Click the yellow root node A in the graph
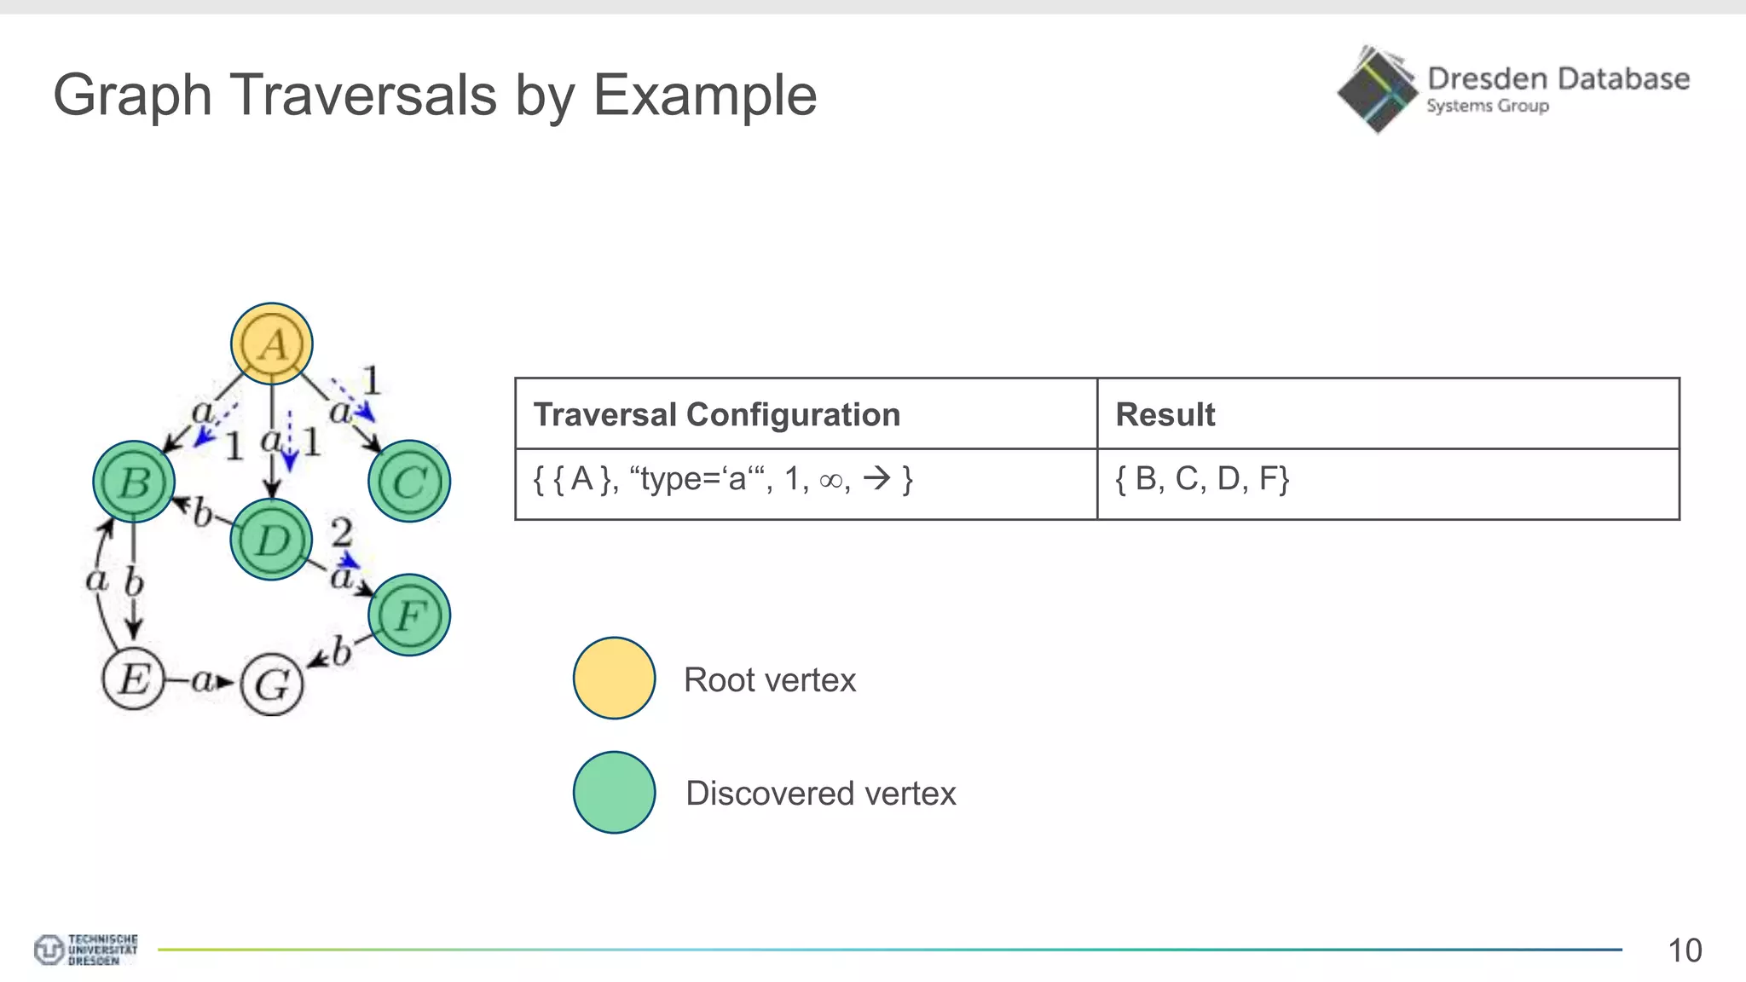tap(272, 344)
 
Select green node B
tap(134, 482)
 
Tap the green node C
tap(409, 482)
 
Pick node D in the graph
tap(271, 540)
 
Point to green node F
tap(409, 615)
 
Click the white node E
tap(133, 679)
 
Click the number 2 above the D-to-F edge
tap(341, 533)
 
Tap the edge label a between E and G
tap(202, 680)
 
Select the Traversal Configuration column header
tap(716, 414)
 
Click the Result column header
tap(1165, 414)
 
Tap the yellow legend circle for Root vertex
tap(614, 679)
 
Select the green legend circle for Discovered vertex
tap(614, 792)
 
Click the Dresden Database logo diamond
tap(1376, 90)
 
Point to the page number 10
tap(1684, 950)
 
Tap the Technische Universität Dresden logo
tap(85, 950)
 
